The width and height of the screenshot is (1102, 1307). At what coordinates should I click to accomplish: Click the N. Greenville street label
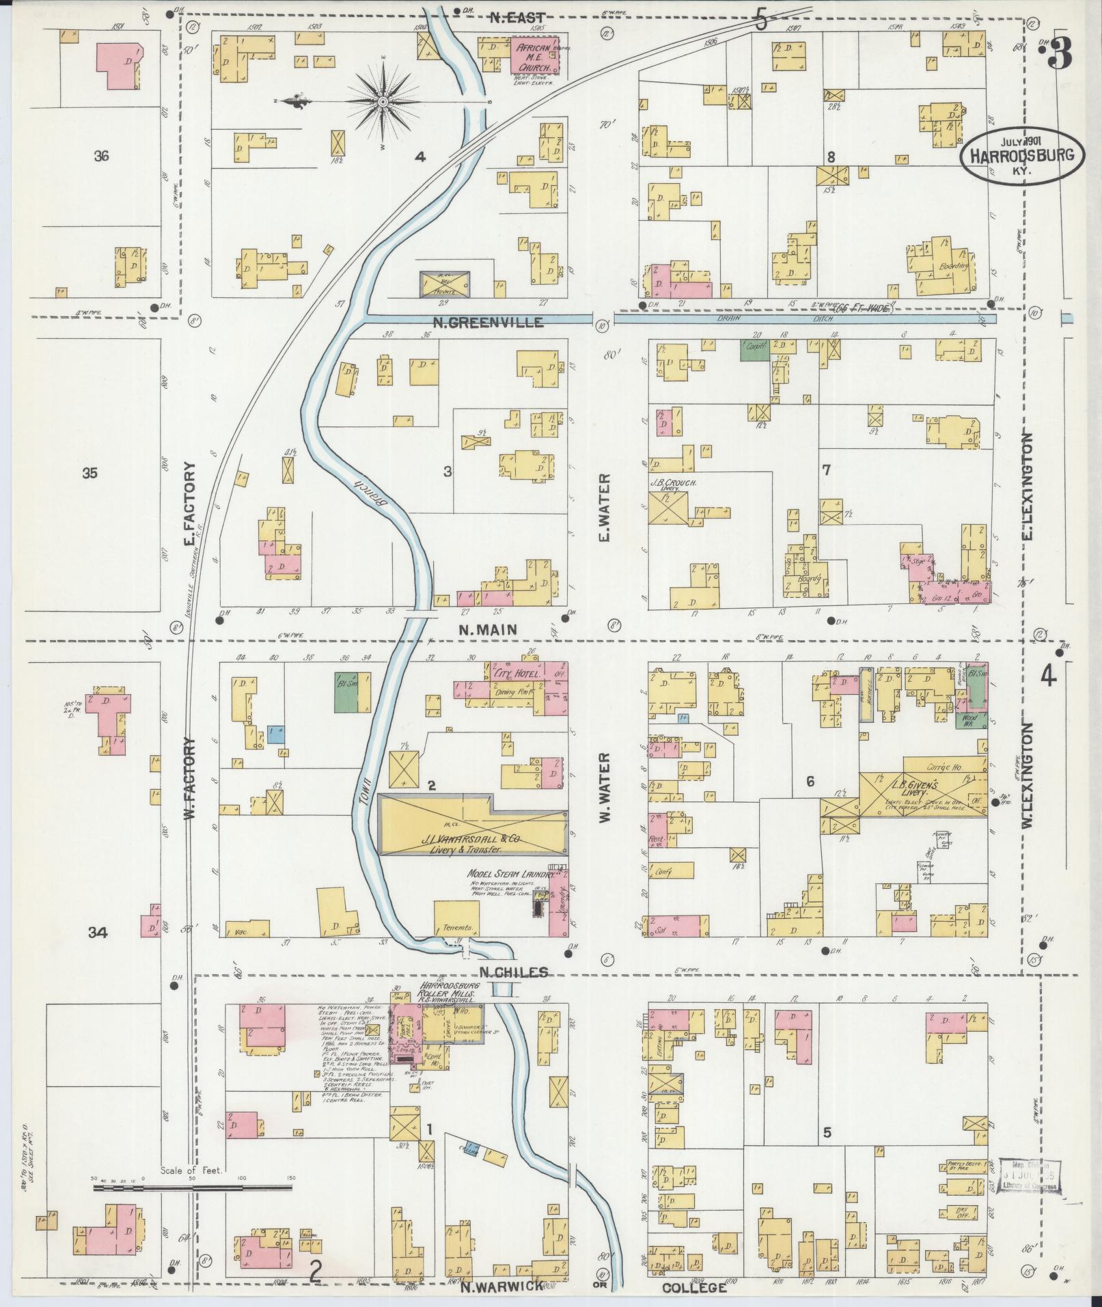[487, 321]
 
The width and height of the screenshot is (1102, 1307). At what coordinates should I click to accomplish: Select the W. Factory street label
[189, 786]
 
